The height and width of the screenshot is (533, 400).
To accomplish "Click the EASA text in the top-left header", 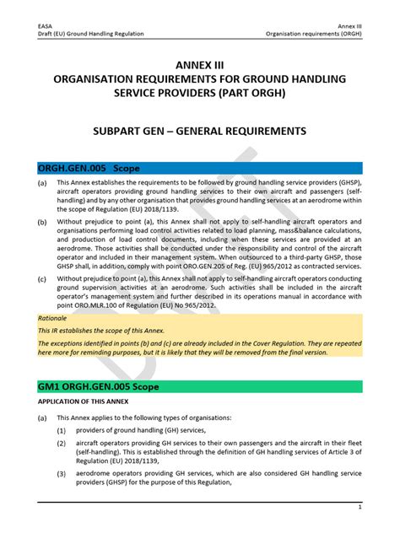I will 45,25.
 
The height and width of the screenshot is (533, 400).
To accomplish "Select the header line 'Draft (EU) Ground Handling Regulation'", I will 90,34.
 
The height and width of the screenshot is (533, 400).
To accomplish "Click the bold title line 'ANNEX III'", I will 199,65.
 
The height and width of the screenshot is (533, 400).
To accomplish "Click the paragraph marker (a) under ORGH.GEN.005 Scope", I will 41,183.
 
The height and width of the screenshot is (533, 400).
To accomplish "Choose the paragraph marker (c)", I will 41,277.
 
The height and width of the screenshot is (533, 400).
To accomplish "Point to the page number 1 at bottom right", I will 360,508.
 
